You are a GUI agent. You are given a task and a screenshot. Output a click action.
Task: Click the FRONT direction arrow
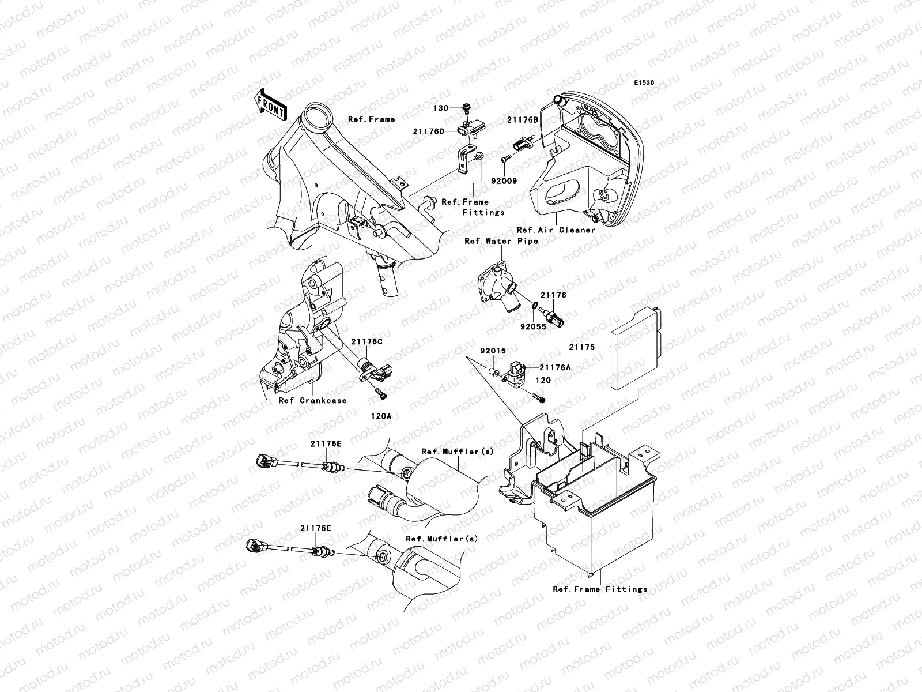pyautogui.click(x=271, y=104)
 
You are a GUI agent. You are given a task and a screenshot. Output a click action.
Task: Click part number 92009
pyautogui.click(x=505, y=180)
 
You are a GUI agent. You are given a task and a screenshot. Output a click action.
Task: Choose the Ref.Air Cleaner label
pyautogui.click(x=556, y=230)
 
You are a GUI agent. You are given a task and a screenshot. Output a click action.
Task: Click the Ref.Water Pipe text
pyautogui.click(x=501, y=241)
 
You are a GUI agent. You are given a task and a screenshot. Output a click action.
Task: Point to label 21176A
pyautogui.click(x=554, y=367)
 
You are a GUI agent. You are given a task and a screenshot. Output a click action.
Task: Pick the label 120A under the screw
pyautogui.click(x=381, y=415)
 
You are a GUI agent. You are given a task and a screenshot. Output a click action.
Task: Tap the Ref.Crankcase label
pyautogui.click(x=312, y=401)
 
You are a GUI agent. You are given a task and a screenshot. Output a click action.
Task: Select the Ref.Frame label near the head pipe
pyautogui.click(x=371, y=119)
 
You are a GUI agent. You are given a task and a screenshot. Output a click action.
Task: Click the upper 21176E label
pyautogui.click(x=326, y=443)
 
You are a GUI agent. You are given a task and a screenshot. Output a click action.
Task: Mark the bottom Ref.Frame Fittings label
pyautogui.click(x=599, y=589)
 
